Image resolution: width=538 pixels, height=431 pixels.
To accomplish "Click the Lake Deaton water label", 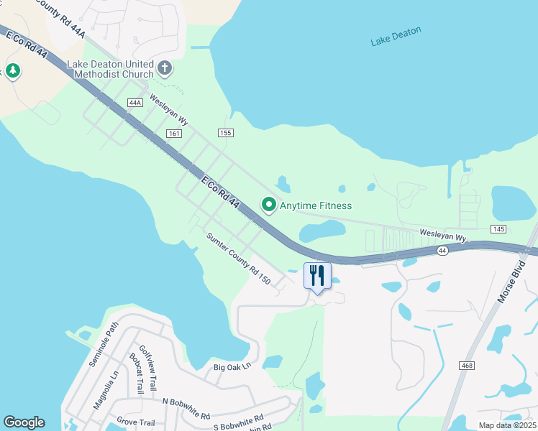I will coord(396,37).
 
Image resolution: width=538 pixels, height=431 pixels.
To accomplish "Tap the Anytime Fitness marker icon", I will coord(269,205).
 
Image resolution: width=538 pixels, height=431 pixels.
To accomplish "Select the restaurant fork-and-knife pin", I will coord(317,275).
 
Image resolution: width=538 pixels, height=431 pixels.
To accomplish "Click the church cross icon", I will coord(165,69).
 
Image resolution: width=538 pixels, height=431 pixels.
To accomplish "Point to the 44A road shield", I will coord(134,103).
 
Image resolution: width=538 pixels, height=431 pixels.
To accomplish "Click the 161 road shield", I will coord(173,134).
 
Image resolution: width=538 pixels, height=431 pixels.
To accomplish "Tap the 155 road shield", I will coord(226,133).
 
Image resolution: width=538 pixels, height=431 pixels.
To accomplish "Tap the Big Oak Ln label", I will coord(232,367).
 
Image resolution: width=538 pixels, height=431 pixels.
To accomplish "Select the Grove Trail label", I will coord(137,421).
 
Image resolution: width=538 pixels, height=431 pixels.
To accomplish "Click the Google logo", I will coord(24,422).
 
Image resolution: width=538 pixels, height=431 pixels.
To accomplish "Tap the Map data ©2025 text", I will coord(506,425).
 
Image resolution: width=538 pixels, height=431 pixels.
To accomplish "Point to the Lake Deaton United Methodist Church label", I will coord(110,69).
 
